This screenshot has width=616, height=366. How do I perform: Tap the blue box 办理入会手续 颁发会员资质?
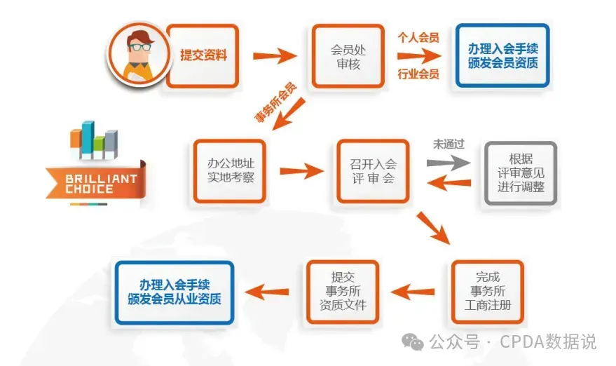coord(502,55)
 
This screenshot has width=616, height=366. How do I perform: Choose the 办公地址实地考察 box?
coord(230,170)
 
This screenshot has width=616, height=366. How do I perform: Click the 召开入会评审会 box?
coord(373,171)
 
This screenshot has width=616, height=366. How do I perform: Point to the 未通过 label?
coord(449,144)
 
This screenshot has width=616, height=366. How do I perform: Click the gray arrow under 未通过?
coord(449,162)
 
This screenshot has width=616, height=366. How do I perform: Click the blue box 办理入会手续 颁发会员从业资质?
coord(174,292)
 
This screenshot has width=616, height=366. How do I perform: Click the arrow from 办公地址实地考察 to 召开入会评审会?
coord(302,171)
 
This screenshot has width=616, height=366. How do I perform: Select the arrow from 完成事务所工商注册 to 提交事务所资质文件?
coord(414,290)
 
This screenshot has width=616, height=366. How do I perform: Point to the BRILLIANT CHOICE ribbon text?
coord(91,184)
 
